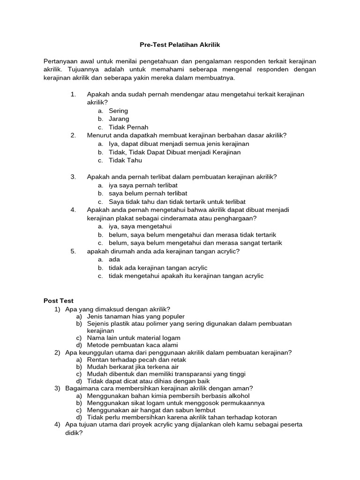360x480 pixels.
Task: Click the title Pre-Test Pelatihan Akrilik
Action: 180,45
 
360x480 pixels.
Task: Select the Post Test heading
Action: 59,301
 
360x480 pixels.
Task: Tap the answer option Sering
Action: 118,111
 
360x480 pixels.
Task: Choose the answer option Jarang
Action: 119,119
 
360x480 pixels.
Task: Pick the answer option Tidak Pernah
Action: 128,127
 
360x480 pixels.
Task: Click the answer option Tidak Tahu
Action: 125,160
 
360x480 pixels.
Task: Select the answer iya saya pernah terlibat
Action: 143,185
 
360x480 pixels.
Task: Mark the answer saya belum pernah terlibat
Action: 148,193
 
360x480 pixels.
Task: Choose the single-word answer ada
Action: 114,259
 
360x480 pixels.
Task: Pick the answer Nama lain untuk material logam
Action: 134,337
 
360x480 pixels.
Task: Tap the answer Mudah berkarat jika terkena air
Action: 133,367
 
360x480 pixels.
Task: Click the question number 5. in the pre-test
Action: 73,251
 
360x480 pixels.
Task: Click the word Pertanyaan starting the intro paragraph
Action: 60,61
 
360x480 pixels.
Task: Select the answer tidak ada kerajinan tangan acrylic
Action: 158,268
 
